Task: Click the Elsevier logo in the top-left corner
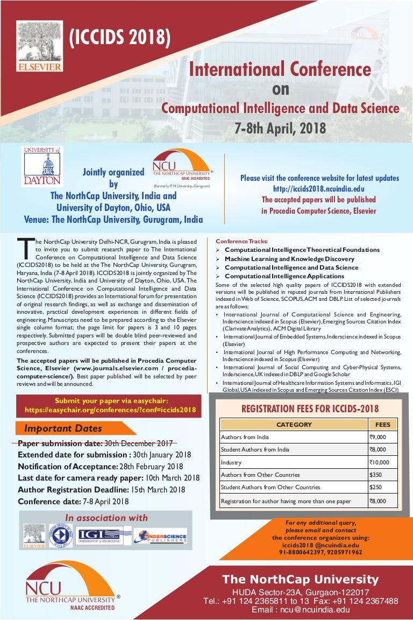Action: [x=39, y=46]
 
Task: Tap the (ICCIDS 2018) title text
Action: [x=120, y=37]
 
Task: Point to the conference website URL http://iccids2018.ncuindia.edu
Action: [x=319, y=189]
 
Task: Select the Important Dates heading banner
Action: [x=63, y=429]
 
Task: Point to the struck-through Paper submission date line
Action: [x=95, y=444]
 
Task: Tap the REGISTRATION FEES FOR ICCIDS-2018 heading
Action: [x=310, y=408]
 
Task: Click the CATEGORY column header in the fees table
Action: [x=294, y=425]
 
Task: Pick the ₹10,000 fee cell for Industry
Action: [x=382, y=462]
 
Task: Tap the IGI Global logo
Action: [x=104, y=536]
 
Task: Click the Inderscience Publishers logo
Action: [x=161, y=536]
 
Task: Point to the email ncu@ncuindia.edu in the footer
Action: [x=301, y=610]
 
